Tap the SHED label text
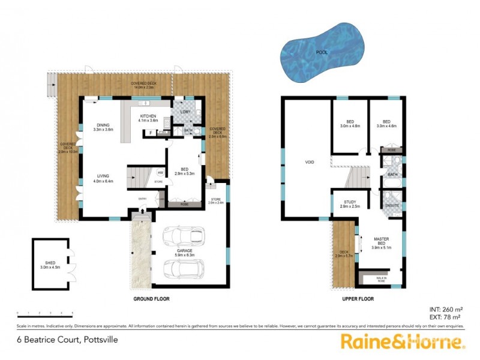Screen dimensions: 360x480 [47, 262]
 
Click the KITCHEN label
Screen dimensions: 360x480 [148, 116]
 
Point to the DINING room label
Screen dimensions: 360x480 [102, 125]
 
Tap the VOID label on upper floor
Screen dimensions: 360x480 [310, 162]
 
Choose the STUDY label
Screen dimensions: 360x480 [350, 202]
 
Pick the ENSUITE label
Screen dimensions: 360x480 [393, 206]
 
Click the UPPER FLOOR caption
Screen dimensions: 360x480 [358, 298]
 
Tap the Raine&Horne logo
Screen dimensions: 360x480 [403, 343]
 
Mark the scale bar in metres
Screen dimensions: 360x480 [45, 313]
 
